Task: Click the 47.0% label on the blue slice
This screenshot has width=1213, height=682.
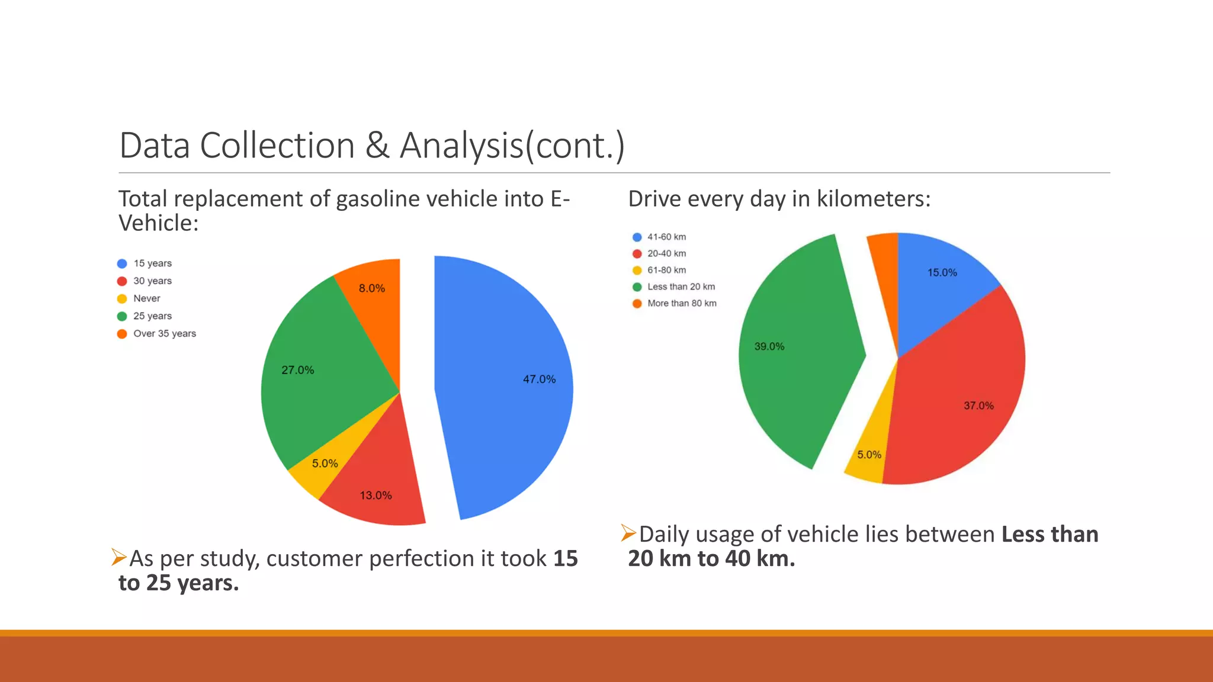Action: point(539,379)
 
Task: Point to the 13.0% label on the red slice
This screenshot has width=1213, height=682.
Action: point(376,496)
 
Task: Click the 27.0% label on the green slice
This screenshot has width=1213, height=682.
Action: point(297,370)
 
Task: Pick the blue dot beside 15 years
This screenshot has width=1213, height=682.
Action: point(122,263)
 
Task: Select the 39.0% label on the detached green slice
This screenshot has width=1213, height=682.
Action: point(769,346)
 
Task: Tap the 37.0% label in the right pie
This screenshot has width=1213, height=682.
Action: point(978,406)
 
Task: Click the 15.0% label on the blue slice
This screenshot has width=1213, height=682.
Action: point(942,272)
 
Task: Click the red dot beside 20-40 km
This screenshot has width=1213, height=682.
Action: point(637,253)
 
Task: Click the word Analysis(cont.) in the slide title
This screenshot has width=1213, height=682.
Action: point(512,146)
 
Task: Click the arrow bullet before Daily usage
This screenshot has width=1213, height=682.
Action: point(628,533)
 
